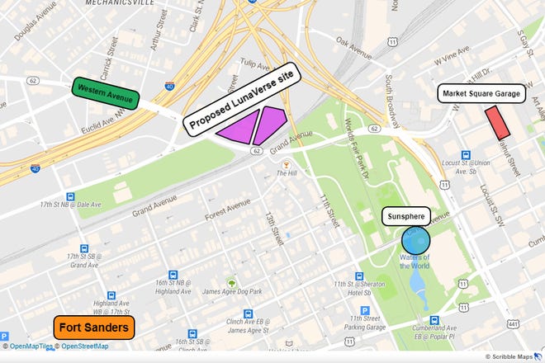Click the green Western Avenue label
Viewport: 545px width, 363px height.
(105, 92)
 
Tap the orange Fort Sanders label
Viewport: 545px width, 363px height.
(95, 328)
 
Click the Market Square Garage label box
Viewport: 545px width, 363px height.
(481, 94)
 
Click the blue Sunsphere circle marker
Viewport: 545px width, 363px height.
(415, 240)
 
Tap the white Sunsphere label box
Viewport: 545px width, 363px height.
(405, 217)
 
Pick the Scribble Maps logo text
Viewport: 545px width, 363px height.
(511, 356)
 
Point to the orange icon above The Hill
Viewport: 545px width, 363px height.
(286, 161)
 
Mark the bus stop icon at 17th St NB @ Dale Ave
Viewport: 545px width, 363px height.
(70, 198)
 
